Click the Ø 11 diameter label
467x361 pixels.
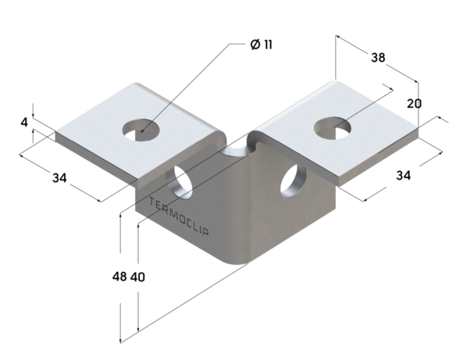point(262,45)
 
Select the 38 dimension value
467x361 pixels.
point(378,58)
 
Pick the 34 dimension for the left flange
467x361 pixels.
point(59,178)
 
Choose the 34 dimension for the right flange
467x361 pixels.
point(403,176)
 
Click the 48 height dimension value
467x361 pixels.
point(119,277)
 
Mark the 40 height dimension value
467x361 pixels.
point(137,277)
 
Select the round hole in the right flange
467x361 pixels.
point(330,125)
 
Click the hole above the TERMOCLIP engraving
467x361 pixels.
point(181,180)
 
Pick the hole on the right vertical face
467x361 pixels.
point(293,178)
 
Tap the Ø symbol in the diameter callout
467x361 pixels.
point(255,45)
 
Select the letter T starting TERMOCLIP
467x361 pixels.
point(152,203)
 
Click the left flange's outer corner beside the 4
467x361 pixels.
point(55,135)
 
